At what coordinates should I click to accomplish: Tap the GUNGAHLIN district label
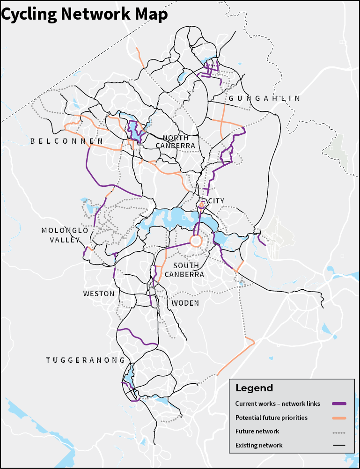(x=264, y=98)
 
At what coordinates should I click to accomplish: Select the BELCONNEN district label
(x=66, y=141)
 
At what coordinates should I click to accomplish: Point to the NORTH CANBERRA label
(x=177, y=142)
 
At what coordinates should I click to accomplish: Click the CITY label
(x=216, y=201)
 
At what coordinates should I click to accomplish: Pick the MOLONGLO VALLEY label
(x=65, y=235)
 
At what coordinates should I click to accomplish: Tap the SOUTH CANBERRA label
(x=184, y=270)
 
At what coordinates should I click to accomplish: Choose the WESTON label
(x=99, y=293)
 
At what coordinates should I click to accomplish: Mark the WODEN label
(x=185, y=303)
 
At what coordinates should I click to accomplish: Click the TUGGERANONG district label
(x=86, y=360)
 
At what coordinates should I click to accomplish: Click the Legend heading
(x=254, y=388)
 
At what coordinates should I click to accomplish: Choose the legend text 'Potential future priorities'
(x=271, y=418)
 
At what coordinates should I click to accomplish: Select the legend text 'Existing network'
(x=259, y=445)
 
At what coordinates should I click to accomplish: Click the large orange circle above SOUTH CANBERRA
(x=196, y=241)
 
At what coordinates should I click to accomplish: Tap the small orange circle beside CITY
(x=202, y=205)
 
